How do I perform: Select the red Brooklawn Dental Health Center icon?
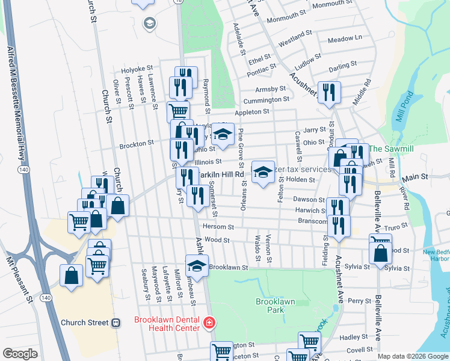(209, 323)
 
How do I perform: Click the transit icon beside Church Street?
(116, 322)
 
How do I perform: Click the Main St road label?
(415, 177)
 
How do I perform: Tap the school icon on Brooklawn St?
(197, 264)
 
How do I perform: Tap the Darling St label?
(343, 63)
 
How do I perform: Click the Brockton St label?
(137, 144)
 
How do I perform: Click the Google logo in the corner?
(20, 354)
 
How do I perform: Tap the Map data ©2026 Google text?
(412, 356)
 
